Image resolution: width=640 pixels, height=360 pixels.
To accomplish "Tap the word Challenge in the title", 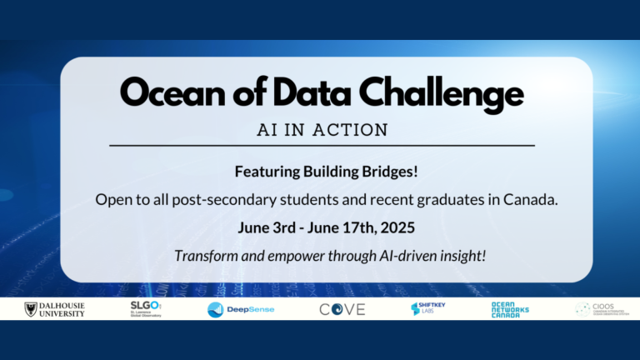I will pyautogui.click(x=447, y=92).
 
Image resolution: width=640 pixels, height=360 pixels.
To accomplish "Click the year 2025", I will pyautogui.click(x=387, y=227).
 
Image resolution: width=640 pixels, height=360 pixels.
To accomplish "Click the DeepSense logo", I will pyautogui.click(x=241, y=309).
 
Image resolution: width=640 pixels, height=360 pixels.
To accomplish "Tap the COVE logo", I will pyautogui.click(x=342, y=309).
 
